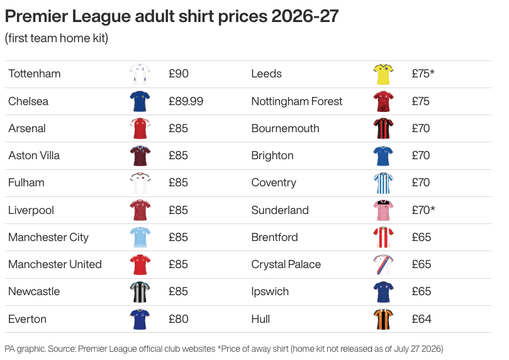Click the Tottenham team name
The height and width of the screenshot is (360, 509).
click(x=35, y=74)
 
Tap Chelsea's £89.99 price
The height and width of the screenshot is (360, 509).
click(x=186, y=101)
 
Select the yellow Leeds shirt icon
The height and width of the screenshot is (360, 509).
click(x=383, y=74)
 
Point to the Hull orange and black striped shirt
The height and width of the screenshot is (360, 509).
click(x=383, y=319)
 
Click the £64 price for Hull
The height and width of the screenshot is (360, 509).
click(x=422, y=319)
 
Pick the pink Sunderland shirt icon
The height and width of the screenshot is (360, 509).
click(x=383, y=210)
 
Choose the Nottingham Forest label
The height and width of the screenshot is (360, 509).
click(x=297, y=101)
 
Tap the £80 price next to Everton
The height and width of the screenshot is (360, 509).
click(x=179, y=319)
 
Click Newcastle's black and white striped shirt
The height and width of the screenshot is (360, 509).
click(x=140, y=292)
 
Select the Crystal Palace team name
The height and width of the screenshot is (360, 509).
click(x=286, y=264)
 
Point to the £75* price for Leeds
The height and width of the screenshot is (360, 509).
click(x=423, y=74)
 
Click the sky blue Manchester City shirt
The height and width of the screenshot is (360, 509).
click(x=140, y=237)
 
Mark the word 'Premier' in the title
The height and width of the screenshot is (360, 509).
click(x=36, y=16)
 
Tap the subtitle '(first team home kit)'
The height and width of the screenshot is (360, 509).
click(x=57, y=38)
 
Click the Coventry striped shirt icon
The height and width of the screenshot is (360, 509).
click(x=383, y=183)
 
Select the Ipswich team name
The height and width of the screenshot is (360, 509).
click(x=270, y=292)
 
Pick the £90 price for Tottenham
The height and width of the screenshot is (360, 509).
click(x=179, y=74)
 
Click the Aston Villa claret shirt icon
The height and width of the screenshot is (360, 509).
click(x=140, y=156)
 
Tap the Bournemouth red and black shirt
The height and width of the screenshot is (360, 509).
click(x=383, y=128)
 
